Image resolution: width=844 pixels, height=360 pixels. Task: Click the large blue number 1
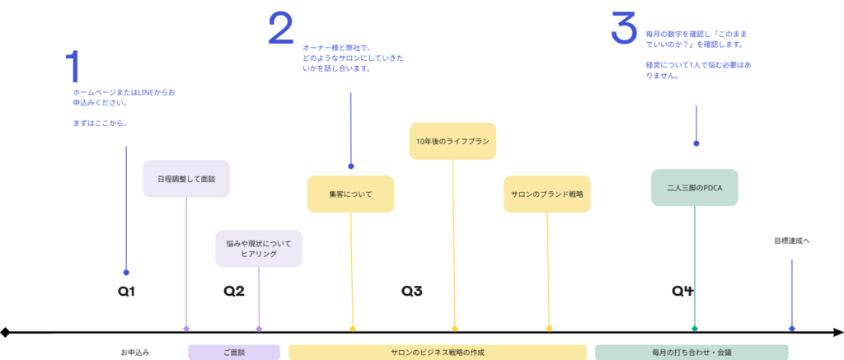click(73, 67)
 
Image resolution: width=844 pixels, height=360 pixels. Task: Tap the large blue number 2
click(280, 30)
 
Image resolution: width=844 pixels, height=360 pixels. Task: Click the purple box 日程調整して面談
click(185, 179)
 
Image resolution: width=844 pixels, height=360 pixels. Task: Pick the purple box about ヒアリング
click(259, 249)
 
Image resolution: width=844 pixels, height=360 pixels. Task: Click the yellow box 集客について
click(350, 194)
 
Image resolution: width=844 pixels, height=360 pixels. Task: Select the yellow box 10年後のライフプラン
click(452, 142)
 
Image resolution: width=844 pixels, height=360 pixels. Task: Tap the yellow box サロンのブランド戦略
click(546, 194)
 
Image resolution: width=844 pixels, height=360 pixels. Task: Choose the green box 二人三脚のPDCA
click(694, 188)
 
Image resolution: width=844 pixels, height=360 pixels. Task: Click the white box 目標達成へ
click(791, 241)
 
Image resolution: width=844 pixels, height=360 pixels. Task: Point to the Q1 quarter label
click(126, 291)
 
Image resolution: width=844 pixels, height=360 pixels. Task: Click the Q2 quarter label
click(234, 291)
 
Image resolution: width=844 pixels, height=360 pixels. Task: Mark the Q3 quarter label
click(412, 291)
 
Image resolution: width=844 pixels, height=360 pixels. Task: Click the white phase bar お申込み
click(134, 352)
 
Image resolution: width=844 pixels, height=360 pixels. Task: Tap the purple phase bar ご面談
click(234, 352)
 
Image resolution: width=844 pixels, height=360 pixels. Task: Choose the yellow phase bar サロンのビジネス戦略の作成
click(437, 352)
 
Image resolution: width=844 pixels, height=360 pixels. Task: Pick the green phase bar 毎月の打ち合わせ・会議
click(691, 352)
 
